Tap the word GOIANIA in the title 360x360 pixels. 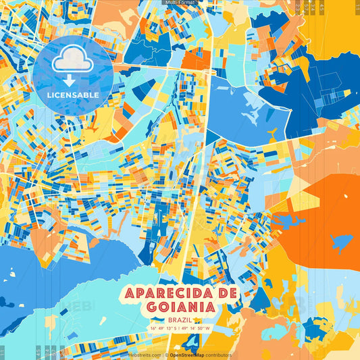(x=180, y=307)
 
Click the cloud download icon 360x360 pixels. (x=72, y=62)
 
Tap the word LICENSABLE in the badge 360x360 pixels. (x=73, y=95)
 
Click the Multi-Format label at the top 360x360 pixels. (x=180, y=3)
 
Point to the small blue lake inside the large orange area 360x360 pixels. (x=342, y=242)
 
